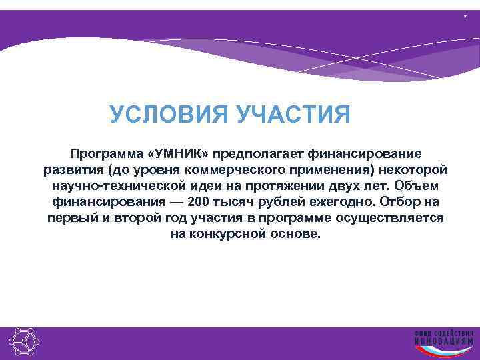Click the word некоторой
[x=417, y=169]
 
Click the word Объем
[x=413, y=185]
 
